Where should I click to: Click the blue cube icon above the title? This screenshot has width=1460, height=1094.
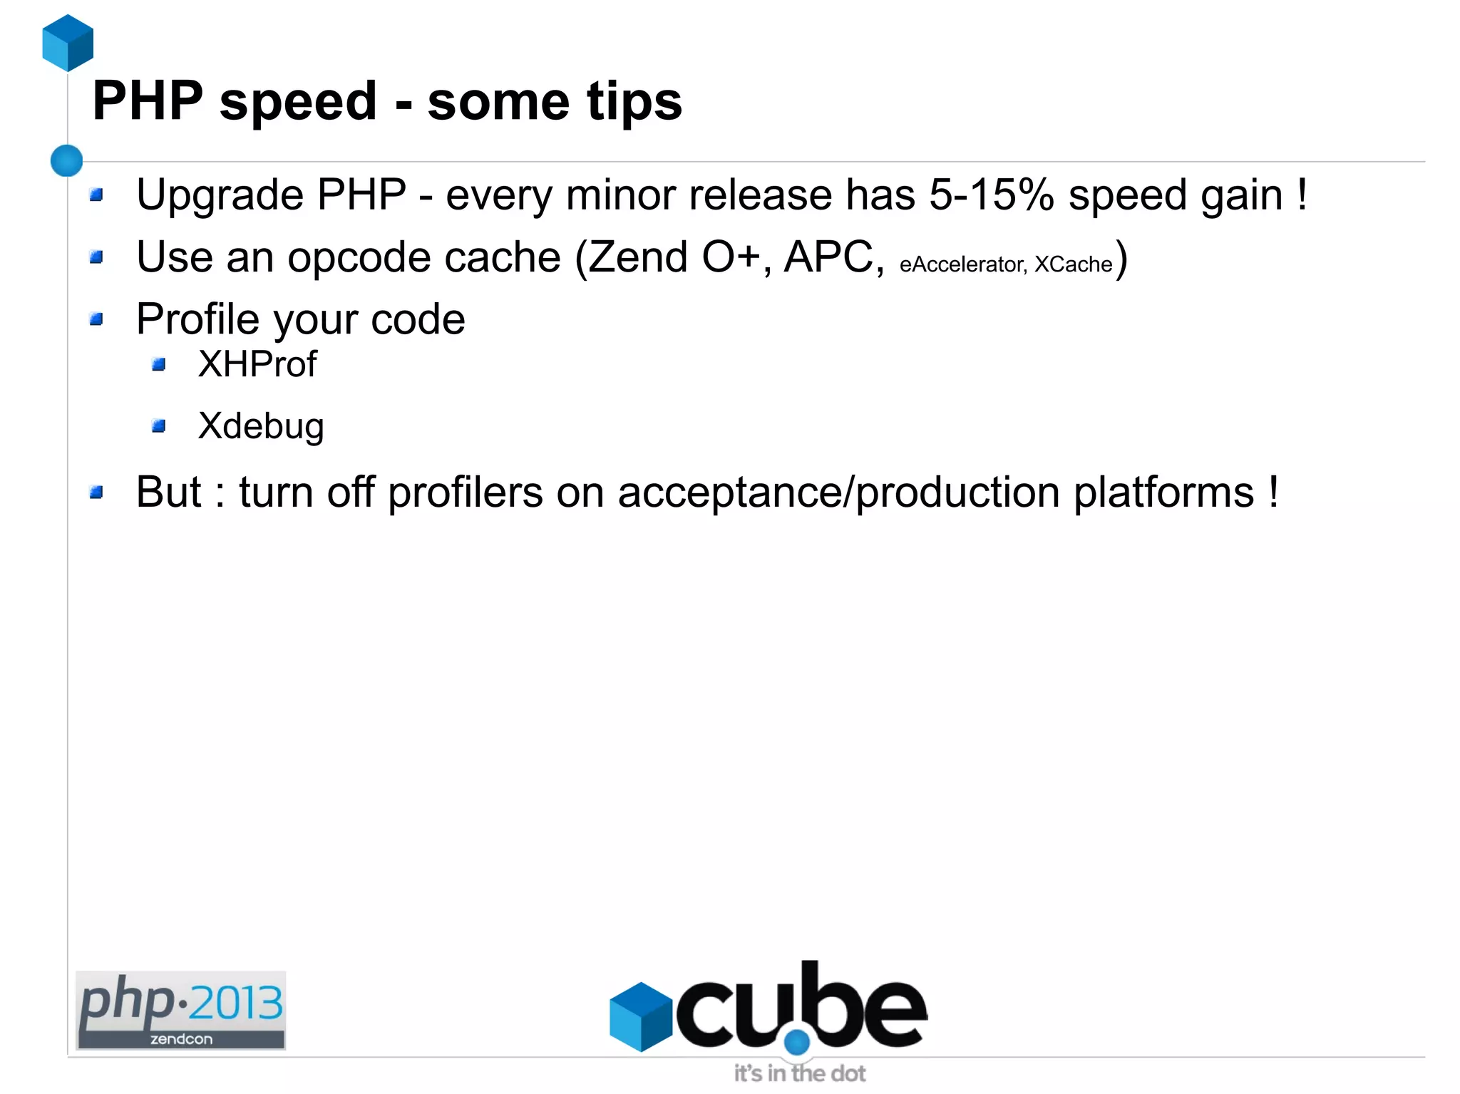point(68,43)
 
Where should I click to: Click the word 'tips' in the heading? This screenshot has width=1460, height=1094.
point(634,101)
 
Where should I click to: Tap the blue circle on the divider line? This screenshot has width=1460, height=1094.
point(67,160)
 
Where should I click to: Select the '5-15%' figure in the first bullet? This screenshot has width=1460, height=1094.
point(991,195)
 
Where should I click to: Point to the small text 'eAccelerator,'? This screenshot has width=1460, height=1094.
point(962,264)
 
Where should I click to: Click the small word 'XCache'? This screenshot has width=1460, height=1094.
point(1073,264)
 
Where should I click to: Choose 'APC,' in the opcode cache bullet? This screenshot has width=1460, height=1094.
point(833,257)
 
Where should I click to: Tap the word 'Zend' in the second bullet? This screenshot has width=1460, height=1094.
point(637,257)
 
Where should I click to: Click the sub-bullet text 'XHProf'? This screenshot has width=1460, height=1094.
point(257,364)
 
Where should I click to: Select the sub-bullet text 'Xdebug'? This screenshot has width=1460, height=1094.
point(261,426)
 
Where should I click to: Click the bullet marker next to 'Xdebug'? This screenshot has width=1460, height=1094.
point(159,426)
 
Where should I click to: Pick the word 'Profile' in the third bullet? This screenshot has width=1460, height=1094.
point(197,319)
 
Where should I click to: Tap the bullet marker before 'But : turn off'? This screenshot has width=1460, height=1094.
point(97,492)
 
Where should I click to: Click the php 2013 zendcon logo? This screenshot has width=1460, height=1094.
point(181,1010)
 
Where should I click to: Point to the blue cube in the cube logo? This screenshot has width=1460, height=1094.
point(641,1016)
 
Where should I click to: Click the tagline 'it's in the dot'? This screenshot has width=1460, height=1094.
point(799,1073)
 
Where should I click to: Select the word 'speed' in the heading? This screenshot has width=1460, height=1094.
point(298,102)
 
